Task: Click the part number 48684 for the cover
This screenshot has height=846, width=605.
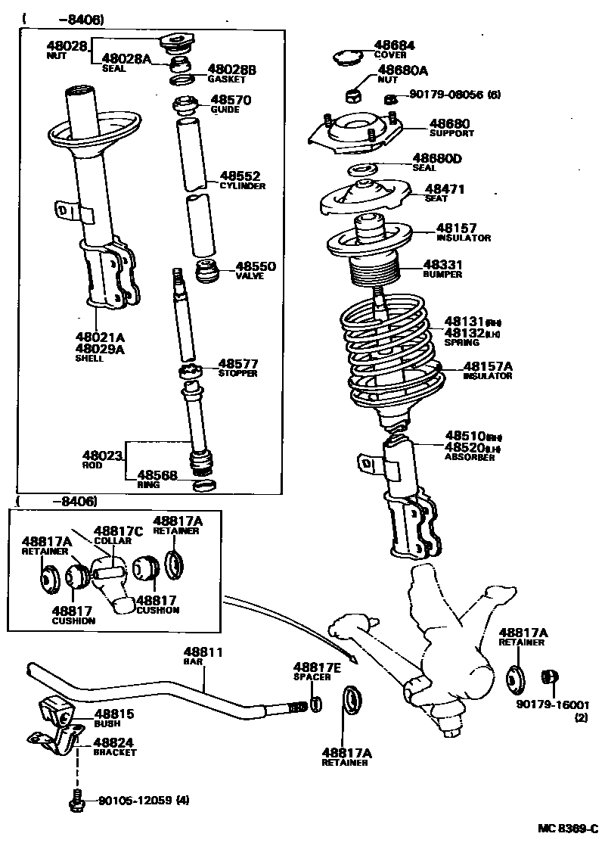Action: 394,45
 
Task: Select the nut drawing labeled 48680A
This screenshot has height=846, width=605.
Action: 352,95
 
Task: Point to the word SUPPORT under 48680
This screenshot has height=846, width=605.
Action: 451,133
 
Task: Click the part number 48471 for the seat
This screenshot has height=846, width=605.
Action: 445,189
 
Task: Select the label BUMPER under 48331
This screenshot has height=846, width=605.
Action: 442,275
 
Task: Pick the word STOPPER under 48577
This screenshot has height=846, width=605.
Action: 238,374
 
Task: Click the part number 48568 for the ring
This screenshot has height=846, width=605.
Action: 157,475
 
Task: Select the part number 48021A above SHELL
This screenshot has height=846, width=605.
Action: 99,337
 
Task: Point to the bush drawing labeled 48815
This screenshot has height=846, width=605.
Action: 55,711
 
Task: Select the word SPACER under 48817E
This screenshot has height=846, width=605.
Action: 312,676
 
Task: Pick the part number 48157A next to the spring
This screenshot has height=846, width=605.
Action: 488,366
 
